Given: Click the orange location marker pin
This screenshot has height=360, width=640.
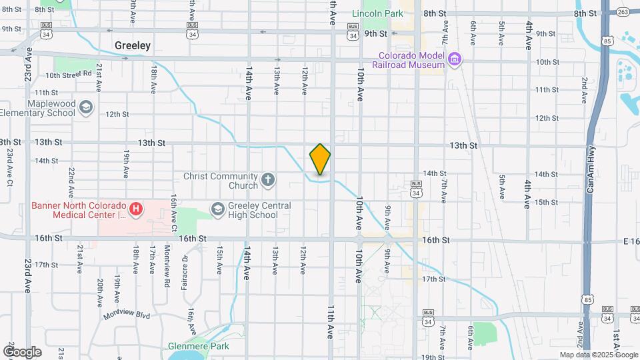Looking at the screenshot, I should pos(320,159).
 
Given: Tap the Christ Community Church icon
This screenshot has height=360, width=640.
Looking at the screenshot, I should pos(268,179).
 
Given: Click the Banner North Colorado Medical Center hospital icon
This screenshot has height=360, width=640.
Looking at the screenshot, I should pos(135,210).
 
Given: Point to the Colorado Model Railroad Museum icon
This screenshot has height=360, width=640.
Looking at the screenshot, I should pos(455,60).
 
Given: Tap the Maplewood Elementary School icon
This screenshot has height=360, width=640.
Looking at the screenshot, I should pos(85,107).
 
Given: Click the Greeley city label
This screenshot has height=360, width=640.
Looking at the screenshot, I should pos(133,46).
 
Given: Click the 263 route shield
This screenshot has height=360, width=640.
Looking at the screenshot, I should pos(622,11).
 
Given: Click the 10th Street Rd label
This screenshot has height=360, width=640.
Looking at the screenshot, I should pos(68,75).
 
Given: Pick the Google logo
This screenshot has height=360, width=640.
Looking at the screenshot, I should pos(22,351).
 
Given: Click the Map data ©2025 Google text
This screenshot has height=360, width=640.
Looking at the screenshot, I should pos(599,355).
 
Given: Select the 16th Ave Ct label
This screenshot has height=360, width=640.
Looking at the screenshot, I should pos(173,209).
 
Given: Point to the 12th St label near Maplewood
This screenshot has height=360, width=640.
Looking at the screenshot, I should pos(117,114).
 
